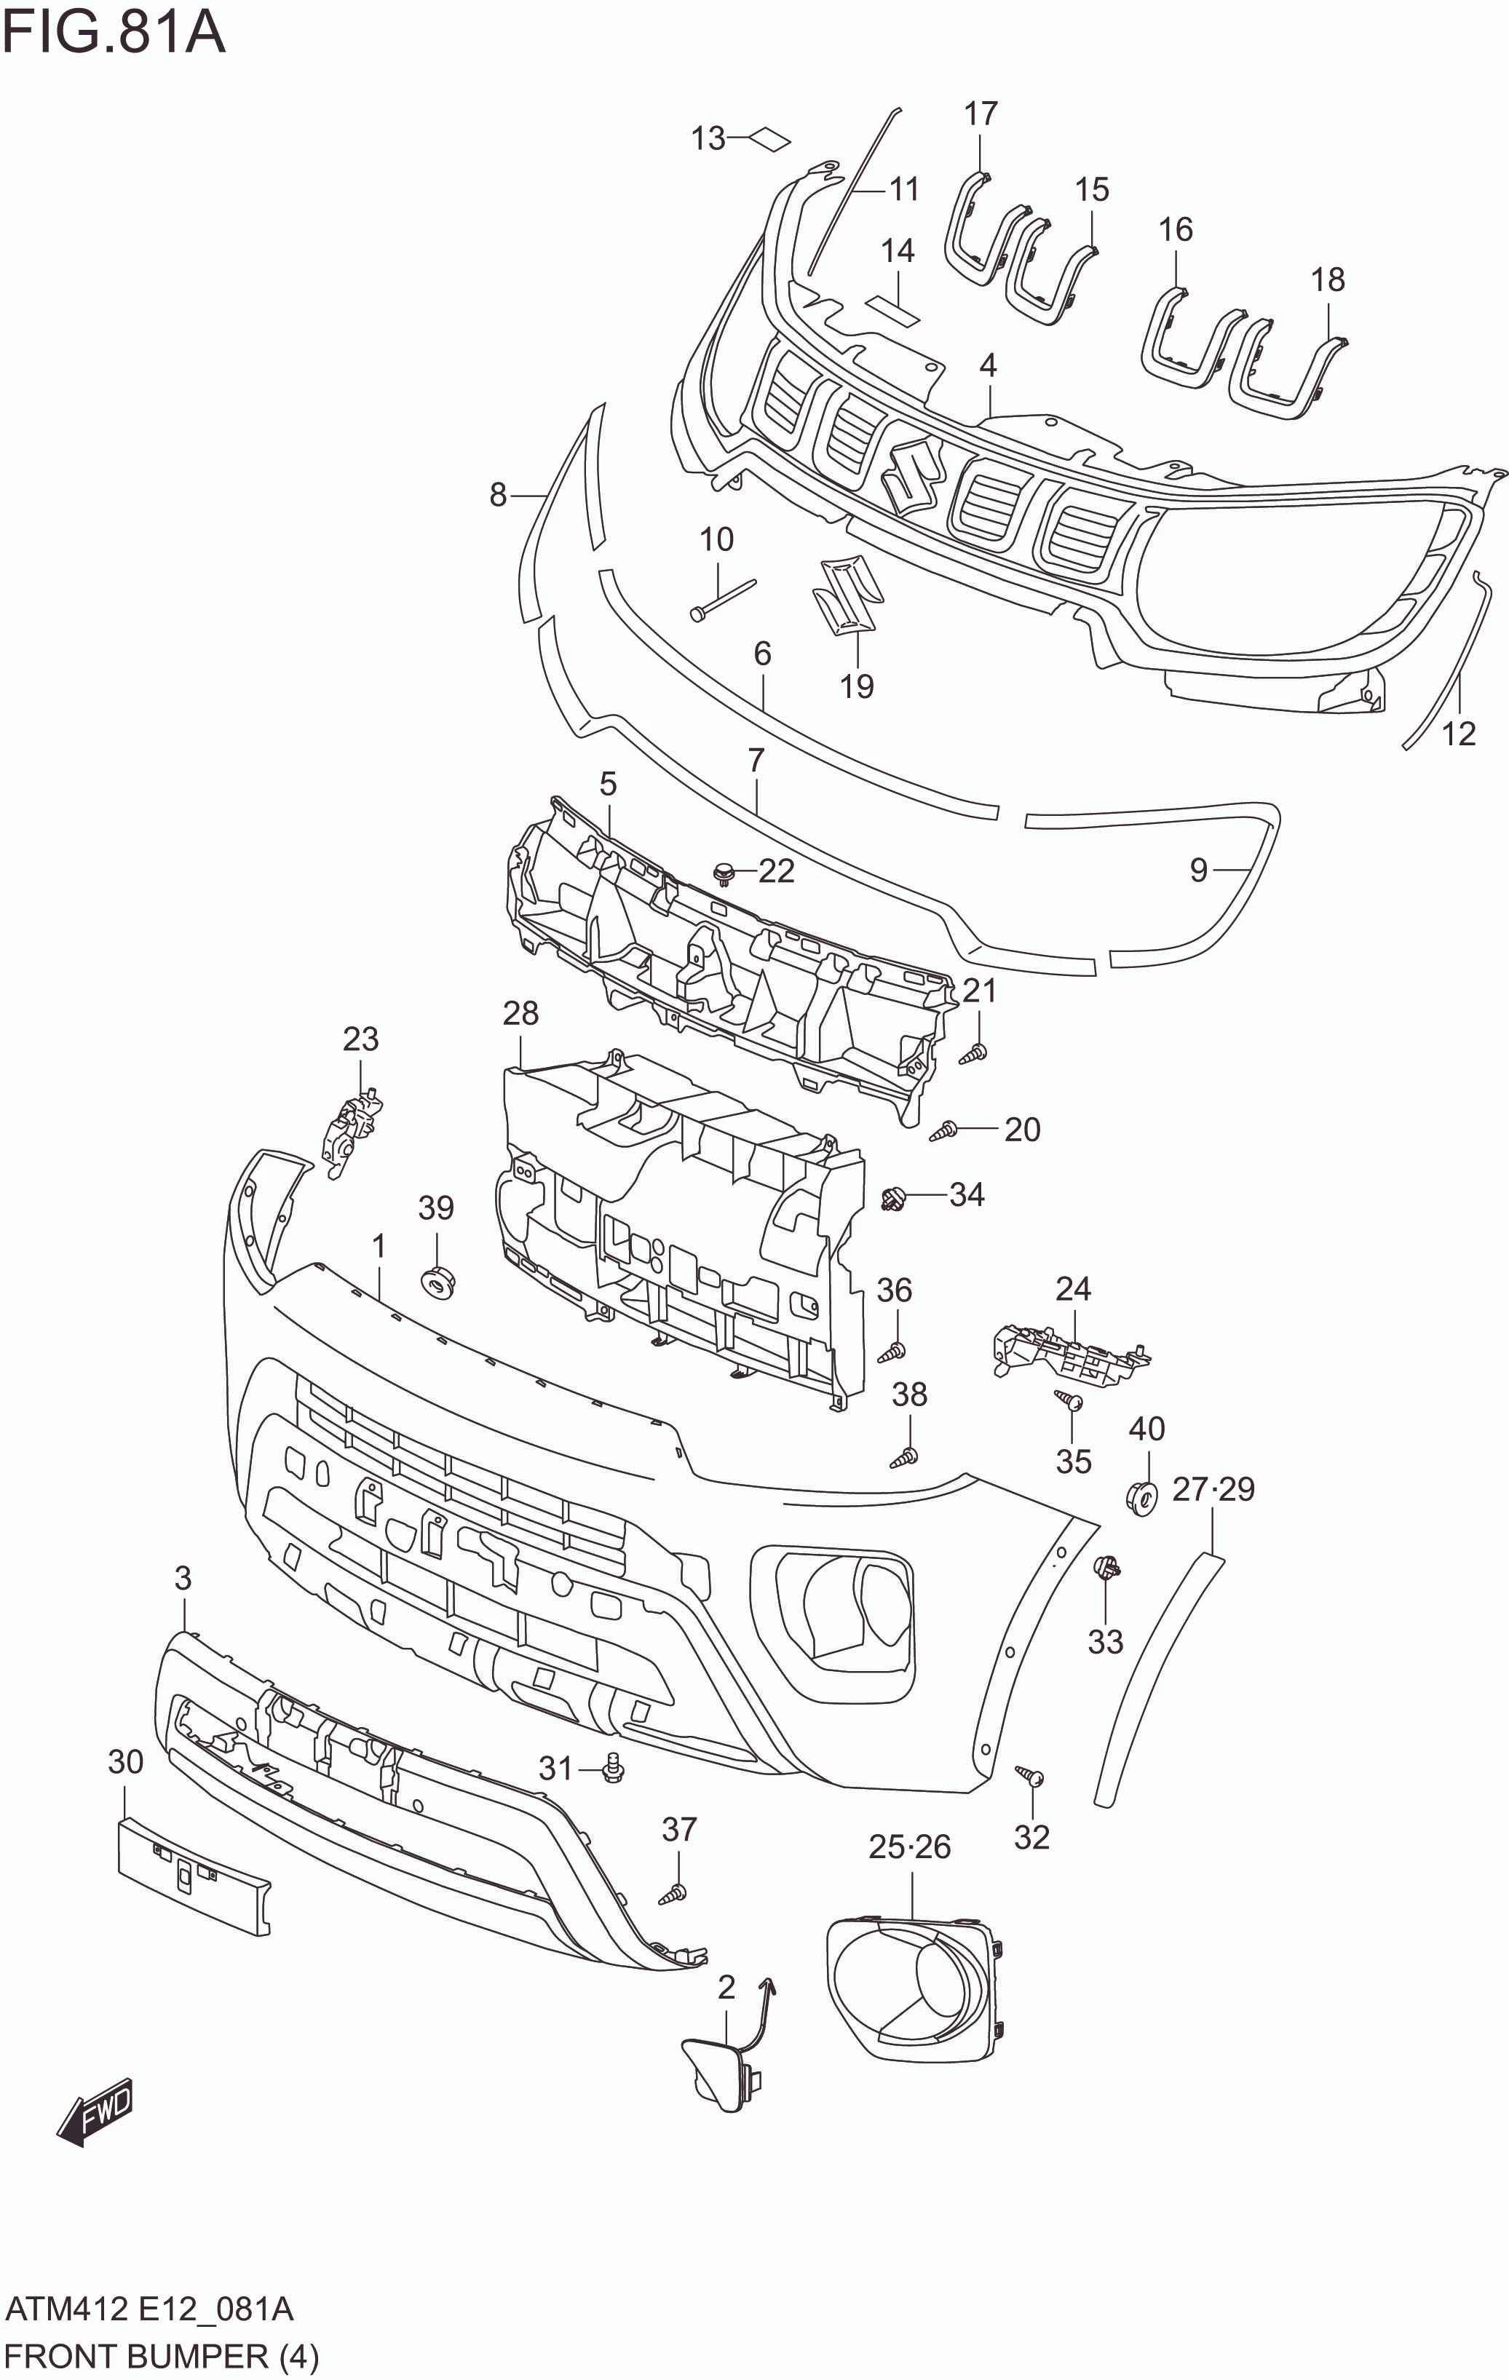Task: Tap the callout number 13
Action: click(x=708, y=138)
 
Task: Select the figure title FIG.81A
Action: click(x=114, y=33)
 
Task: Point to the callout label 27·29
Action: click(x=1213, y=1488)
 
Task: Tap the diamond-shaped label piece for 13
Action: click(x=771, y=139)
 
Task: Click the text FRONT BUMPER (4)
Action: click(x=161, y=2356)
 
